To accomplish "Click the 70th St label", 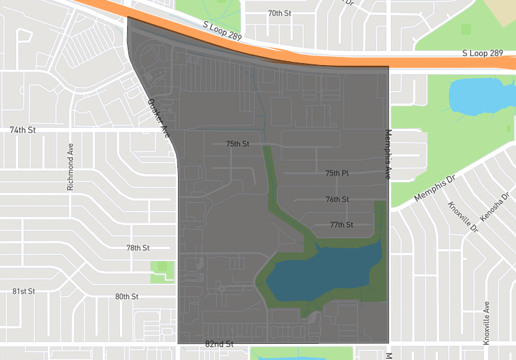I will coord(279,13).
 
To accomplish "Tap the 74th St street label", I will coord(23,130).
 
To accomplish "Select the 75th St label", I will coord(237,144).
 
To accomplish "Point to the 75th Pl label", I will coord(337,174).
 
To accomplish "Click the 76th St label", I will coord(337,199).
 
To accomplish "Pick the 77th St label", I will coord(341,225).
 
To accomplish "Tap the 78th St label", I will coord(137,248).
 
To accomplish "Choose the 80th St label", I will coord(127,297).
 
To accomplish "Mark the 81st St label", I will coord(23,292).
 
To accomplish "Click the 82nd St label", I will coord(219,345).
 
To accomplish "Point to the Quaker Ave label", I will coord(159,119).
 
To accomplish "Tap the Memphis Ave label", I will coord(388,154).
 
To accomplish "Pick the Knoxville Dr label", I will coord(463,217).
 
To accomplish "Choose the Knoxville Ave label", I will coord(487,323).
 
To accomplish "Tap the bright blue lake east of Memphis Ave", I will coord(481,97).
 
